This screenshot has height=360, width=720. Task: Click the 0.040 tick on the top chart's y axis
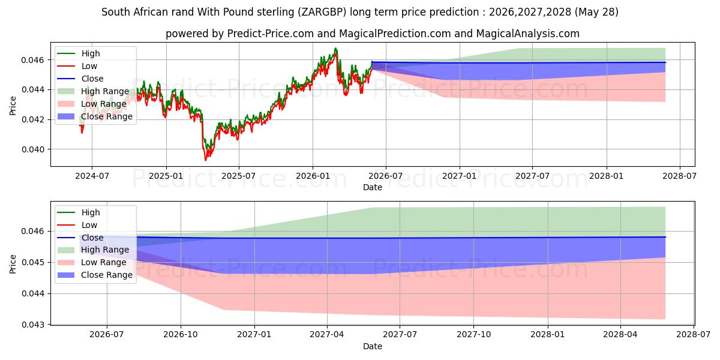point(32,149)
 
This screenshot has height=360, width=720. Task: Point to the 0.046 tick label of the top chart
point(32,60)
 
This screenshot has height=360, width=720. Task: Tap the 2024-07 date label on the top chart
point(92,176)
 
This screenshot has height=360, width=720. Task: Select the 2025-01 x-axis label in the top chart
point(166,176)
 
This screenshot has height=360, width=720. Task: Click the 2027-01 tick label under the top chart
point(460,176)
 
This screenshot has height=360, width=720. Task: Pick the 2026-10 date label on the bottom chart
point(181,334)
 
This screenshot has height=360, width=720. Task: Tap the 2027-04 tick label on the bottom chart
point(327,334)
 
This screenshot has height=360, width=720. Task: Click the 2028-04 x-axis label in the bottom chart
point(620,334)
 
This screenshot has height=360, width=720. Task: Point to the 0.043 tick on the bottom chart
point(32,325)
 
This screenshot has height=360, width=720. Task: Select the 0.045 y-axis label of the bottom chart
point(32,263)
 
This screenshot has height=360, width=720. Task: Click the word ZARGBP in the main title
point(322,12)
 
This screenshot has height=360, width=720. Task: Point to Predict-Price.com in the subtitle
point(271,34)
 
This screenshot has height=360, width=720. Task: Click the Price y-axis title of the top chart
point(13,106)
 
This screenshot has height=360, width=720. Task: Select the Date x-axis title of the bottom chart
point(373,347)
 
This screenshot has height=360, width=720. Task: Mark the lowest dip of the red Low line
point(205,160)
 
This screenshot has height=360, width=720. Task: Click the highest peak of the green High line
point(335,48)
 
